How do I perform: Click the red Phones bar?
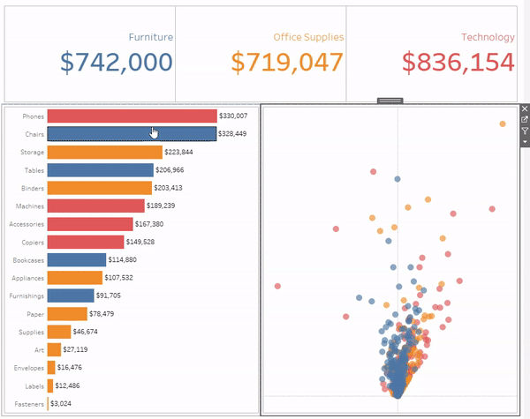(x=132, y=116)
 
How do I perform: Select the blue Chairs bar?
(x=132, y=134)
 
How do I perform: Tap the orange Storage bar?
(x=104, y=152)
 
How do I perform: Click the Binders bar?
(x=99, y=188)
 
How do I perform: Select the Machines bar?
(x=95, y=206)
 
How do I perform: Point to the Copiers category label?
(x=30, y=242)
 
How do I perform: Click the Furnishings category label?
(x=26, y=296)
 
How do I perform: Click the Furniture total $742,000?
(x=117, y=62)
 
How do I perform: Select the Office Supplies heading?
(x=308, y=37)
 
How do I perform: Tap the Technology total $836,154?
(x=458, y=62)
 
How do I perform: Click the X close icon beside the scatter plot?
(x=525, y=109)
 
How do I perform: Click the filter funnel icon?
(x=525, y=131)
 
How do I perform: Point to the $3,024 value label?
(x=62, y=403)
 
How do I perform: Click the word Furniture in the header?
(x=150, y=37)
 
